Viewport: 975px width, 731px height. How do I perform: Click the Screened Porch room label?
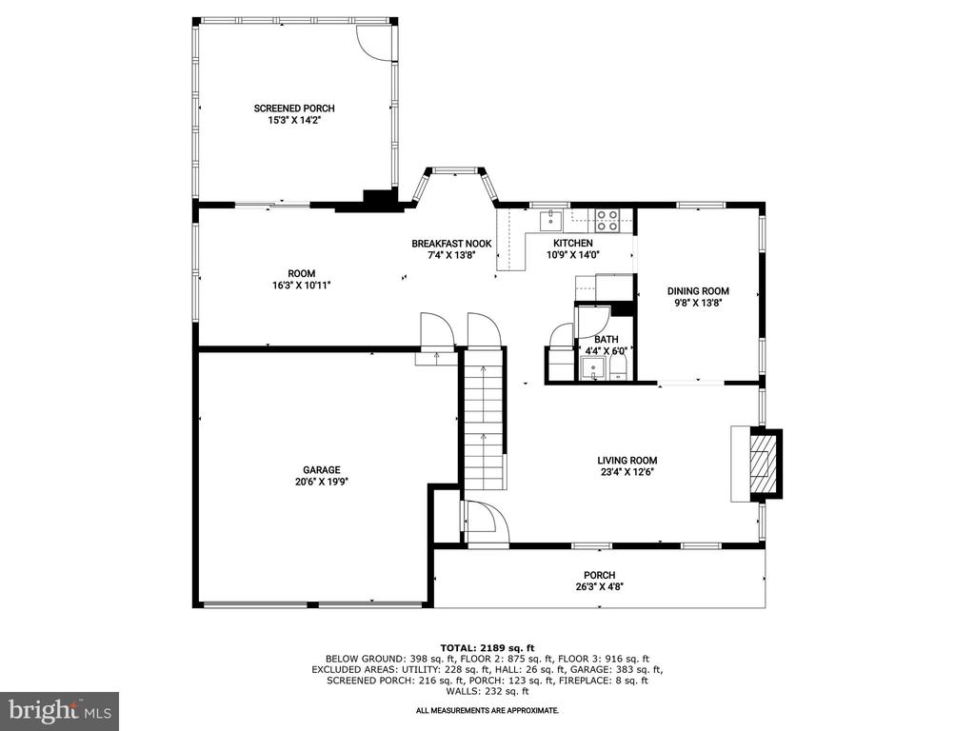click(294, 109)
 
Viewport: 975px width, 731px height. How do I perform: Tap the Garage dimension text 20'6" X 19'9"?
click(322, 481)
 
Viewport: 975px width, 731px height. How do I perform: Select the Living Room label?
click(627, 461)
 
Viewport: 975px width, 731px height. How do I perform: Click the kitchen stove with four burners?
click(607, 220)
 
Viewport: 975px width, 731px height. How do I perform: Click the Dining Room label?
click(698, 291)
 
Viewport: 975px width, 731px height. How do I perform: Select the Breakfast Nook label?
click(451, 244)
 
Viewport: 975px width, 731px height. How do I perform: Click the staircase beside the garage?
click(483, 420)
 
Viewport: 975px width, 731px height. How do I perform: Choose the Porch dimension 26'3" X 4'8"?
click(600, 586)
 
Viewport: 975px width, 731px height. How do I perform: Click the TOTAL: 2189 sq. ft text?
click(487, 647)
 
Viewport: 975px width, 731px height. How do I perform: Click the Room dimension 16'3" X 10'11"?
click(302, 286)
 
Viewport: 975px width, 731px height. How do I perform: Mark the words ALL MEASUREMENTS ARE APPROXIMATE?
click(487, 710)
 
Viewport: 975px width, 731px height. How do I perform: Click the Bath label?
click(606, 340)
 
